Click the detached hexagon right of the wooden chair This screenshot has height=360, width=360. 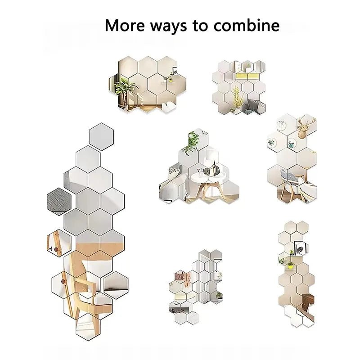pyautogui.click(x=116, y=284)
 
